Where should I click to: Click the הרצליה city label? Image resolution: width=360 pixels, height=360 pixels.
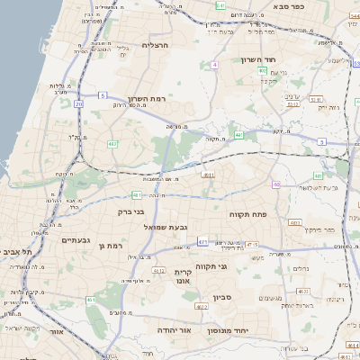(x=156, y=45)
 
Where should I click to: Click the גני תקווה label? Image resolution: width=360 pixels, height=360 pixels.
(x=236, y=265)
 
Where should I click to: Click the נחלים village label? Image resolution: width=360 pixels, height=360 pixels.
(x=300, y=268)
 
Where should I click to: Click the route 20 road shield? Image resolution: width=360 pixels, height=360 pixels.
(x=79, y=104)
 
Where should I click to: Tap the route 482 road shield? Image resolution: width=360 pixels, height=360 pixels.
(x=112, y=143)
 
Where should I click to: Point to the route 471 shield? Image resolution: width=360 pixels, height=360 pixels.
(x=203, y=241)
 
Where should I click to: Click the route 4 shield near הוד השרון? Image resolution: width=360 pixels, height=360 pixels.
(x=215, y=65)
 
